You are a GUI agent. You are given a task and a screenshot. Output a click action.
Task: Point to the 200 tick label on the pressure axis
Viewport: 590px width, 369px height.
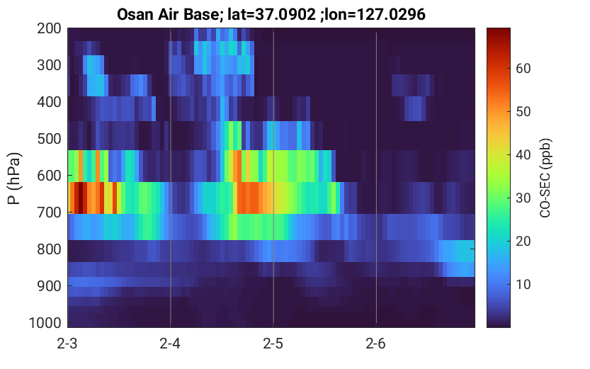coord(49,28)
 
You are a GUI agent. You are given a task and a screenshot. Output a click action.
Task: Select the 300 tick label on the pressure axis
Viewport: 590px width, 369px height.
coord(49,65)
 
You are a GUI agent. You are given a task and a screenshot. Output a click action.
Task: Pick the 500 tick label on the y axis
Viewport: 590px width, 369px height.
coord(49,139)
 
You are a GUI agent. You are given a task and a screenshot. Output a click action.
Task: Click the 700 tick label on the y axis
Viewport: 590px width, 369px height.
coord(49,212)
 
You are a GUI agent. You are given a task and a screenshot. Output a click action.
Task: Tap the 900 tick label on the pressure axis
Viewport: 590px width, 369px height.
coord(49,286)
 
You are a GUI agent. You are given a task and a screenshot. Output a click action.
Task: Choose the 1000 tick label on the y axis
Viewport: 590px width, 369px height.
coord(45,323)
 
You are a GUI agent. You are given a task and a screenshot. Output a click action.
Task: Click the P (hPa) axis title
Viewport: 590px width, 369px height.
coord(14,178)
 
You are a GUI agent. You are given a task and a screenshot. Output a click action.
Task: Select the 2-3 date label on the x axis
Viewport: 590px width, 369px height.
coord(67,344)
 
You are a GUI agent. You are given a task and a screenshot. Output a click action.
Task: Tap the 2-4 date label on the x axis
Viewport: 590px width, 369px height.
coord(170,344)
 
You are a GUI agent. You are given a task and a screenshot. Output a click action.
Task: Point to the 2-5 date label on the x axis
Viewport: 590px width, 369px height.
coord(273,344)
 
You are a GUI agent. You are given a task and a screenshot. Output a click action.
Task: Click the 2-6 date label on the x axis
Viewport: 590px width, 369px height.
coord(376,344)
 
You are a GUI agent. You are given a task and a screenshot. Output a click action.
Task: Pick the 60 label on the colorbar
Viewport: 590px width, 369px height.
coord(523,68)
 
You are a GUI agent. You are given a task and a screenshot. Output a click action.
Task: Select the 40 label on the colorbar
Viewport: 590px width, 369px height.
coord(523,154)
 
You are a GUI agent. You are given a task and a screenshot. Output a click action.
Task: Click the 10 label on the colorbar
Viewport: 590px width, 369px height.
coord(523,285)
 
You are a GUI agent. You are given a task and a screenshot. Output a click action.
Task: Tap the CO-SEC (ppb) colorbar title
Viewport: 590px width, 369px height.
coord(545,178)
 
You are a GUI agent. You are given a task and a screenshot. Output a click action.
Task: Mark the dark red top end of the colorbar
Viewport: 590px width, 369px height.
coord(499,29)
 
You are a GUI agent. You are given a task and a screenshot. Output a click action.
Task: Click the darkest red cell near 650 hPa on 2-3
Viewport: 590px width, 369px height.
coord(81,198)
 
